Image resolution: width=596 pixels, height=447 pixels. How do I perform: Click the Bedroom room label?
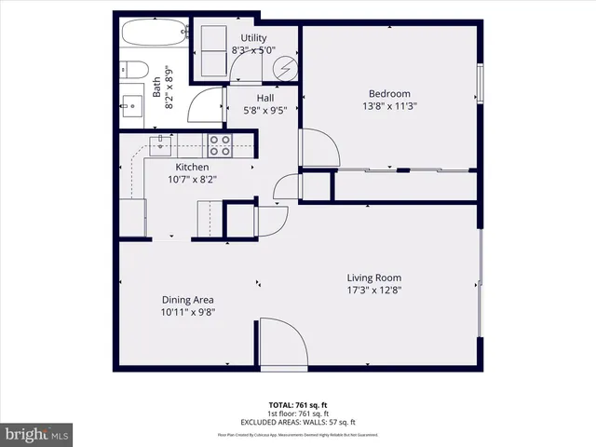[389, 93]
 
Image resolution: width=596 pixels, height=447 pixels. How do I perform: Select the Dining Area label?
[188, 299]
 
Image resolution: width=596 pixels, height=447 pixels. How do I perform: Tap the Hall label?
[265, 97]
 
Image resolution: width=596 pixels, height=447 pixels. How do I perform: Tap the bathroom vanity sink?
[132, 102]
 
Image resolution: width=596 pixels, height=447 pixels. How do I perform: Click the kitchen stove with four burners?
[220, 145]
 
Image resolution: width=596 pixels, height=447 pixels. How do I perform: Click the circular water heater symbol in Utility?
[288, 68]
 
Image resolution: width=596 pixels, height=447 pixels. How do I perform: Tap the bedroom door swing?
[316, 148]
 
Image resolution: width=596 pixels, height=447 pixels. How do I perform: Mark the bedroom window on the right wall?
[481, 83]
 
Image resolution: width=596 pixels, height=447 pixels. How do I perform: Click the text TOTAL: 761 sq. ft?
[298, 405]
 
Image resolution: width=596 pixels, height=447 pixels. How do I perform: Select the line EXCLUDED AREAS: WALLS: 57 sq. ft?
[298, 421]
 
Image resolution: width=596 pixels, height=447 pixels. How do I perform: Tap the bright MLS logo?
[37, 434]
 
